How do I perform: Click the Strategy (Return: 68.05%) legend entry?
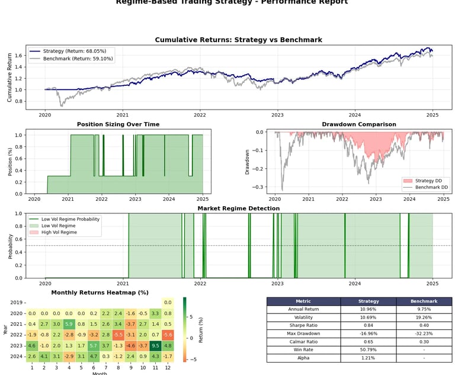(x=72, y=51)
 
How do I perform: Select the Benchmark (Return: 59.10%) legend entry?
(x=75, y=59)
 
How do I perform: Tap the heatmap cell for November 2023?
(x=155, y=345)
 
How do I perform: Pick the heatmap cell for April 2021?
(x=69, y=324)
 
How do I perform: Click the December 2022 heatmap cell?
(x=168, y=335)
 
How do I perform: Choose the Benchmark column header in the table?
(x=423, y=301)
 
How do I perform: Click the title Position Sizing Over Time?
(x=118, y=124)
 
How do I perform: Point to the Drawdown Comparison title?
(x=359, y=124)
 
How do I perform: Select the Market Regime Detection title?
(x=239, y=209)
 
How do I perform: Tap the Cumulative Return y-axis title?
(x=9, y=76)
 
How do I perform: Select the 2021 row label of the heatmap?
(x=16, y=324)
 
